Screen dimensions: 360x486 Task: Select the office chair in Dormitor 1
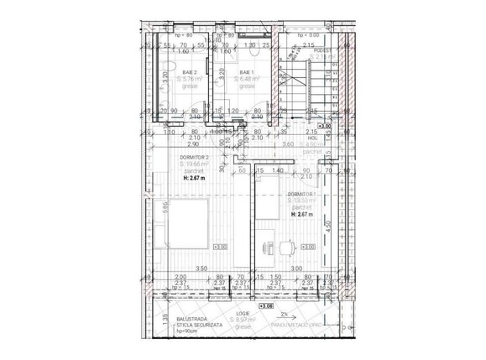tap(287, 248)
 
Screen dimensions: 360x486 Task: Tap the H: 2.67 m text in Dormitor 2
tap(196, 179)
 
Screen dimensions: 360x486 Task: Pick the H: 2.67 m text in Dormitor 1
tap(302, 214)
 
